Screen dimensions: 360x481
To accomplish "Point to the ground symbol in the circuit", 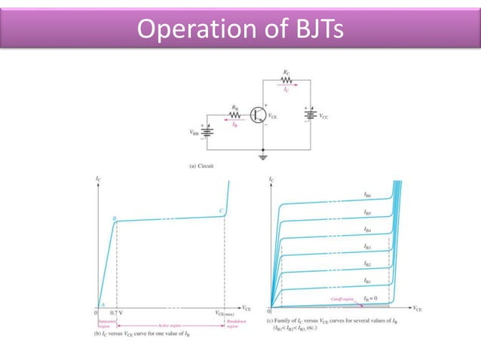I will [x=262, y=156].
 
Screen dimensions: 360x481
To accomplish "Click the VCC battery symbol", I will [x=309, y=117].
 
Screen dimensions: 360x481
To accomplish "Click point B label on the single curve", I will [x=114, y=218].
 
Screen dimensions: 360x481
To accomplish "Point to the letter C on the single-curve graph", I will [x=221, y=212].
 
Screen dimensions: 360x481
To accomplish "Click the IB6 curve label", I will [x=367, y=194].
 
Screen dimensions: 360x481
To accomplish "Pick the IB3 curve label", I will [x=367, y=246].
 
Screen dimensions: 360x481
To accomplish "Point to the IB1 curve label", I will [x=367, y=280].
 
